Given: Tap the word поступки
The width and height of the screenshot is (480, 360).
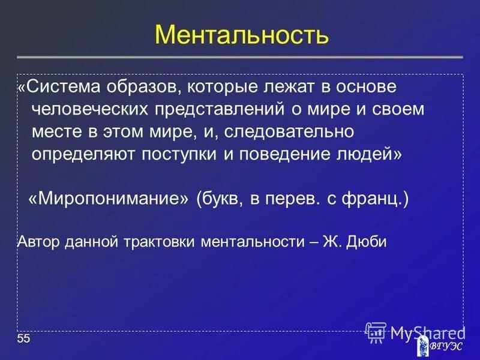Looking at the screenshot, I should [x=182, y=154].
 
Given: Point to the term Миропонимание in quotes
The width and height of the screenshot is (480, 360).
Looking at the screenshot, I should [x=109, y=199].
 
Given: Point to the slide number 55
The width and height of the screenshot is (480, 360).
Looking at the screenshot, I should [x=23, y=340].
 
